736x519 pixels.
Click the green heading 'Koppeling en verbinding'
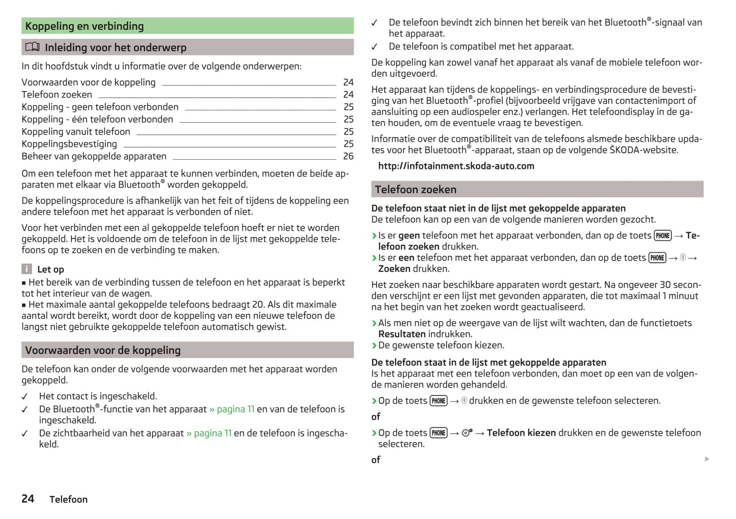(x=85, y=26)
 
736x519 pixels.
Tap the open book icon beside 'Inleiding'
(x=33, y=47)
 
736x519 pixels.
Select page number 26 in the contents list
(x=348, y=156)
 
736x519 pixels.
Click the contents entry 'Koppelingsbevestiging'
(x=69, y=144)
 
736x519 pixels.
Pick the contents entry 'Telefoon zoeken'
(x=57, y=95)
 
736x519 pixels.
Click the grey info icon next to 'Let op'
(x=26, y=269)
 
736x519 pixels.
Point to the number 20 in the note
(x=258, y=304)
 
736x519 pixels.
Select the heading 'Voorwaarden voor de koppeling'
(x=103, y=350)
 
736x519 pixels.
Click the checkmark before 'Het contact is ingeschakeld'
(x=24, y=396)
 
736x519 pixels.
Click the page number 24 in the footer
(x=28, y=499)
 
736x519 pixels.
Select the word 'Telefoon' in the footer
(x=68, y=500)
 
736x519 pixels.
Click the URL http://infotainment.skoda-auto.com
(x=456, y=166)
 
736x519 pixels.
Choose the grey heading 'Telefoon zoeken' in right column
(x=416, y=189)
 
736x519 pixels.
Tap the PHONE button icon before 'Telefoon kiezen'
(x=439, y=433)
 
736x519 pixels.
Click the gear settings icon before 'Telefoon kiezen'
(x=467, y=433)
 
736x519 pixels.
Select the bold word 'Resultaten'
(x=402, y=334)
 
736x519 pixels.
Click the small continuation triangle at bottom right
(x=707, y=459)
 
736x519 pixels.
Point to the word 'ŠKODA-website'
(x=644, y=150)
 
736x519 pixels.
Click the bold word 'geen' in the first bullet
(x=409, y=236)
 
